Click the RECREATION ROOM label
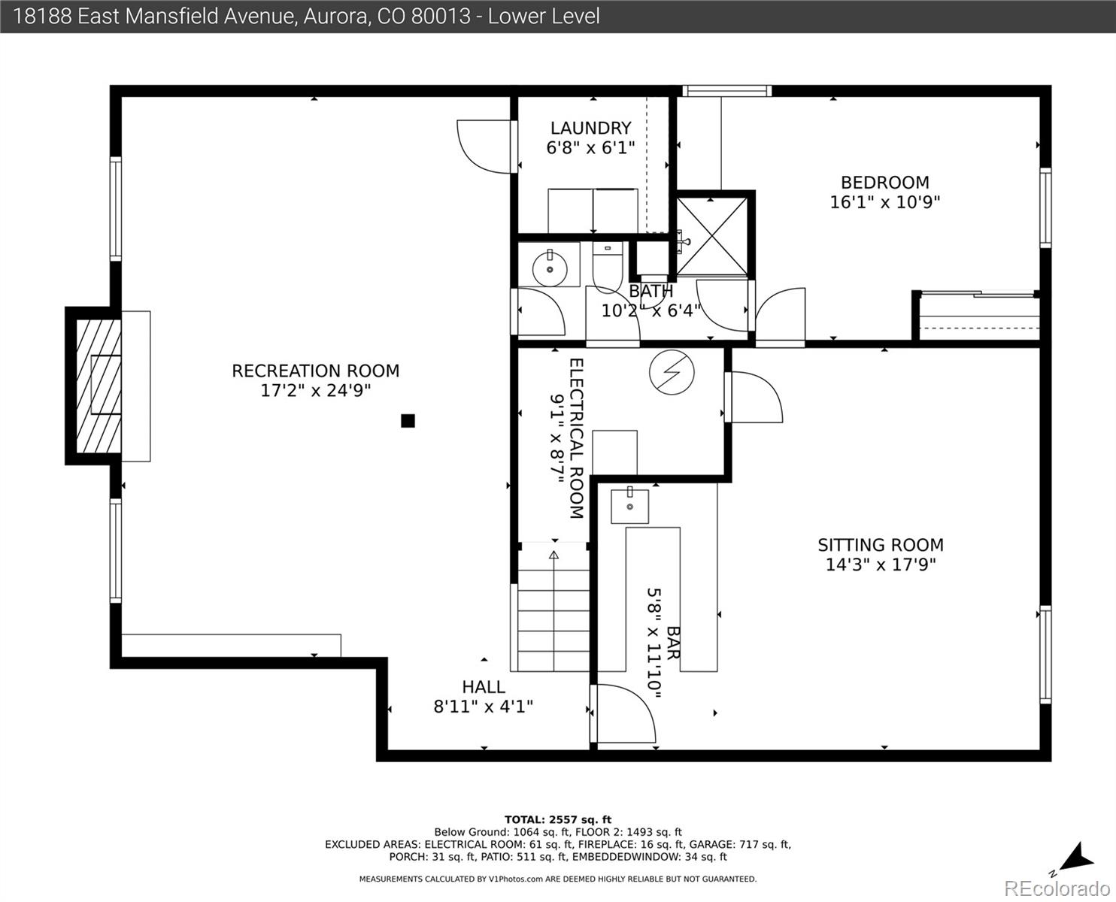click(315, 371)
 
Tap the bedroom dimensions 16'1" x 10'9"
click(885, 202)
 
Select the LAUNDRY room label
click(590, 129)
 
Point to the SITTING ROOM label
click(881, 545)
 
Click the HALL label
click(484, 687)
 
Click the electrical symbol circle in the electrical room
click(672, 372)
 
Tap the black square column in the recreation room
click(408, 420)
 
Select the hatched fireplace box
click(99, 386)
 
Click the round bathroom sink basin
click(550, 269)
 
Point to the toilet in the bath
click(607, 265)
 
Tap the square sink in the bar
click(629, 506)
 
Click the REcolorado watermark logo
click(1057, 888)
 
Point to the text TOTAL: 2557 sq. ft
click(558, 820)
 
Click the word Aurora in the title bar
click(335, 17)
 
